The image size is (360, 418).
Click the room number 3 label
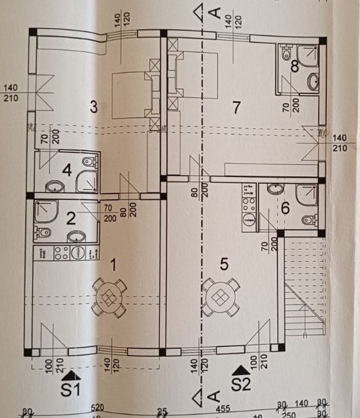pos(93,107)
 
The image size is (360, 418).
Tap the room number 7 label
pos(237,107)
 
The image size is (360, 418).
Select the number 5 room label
pos(224,264)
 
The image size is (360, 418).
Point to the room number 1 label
pos(114,264)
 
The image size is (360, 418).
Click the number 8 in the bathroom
pos(295,67)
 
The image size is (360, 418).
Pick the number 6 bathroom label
pos(285,208)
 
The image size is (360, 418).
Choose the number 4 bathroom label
pos(67,170)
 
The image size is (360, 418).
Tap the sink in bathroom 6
pos(275,189)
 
